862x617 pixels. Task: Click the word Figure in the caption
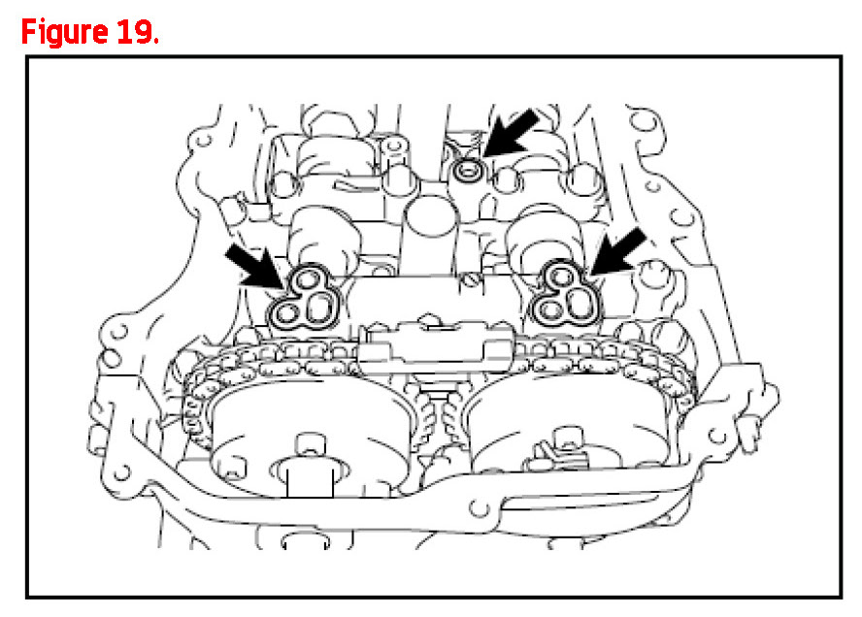tap(64, 33)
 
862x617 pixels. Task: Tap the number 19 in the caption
tap(134, 32)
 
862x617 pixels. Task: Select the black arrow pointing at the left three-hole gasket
tap(255, 268)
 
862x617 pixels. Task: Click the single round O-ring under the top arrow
tap(469, 171)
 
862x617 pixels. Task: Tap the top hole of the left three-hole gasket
tap(305, 282)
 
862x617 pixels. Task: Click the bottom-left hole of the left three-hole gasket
tap(286, 313)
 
